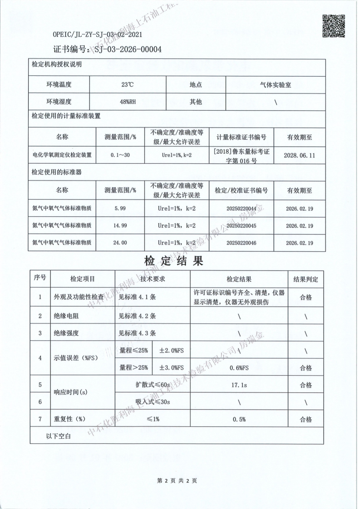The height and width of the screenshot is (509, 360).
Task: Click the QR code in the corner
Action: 333,26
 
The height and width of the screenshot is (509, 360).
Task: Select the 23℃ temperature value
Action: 128,84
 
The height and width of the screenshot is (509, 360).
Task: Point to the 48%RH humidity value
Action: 128,102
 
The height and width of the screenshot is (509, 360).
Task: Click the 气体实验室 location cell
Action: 276,84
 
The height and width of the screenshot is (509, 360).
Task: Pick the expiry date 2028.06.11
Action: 299,155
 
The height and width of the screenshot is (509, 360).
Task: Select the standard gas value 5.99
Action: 120,208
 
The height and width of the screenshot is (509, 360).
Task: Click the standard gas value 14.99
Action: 120,225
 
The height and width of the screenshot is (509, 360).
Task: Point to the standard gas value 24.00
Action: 120,243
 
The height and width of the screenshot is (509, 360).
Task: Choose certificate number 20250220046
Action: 241,243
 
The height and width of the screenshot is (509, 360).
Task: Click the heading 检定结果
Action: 173,261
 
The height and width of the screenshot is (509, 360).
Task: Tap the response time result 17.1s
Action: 239,385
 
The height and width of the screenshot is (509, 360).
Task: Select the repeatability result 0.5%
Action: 239,420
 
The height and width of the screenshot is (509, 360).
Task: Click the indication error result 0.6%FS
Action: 239,367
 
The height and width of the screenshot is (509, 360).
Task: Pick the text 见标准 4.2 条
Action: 137,316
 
